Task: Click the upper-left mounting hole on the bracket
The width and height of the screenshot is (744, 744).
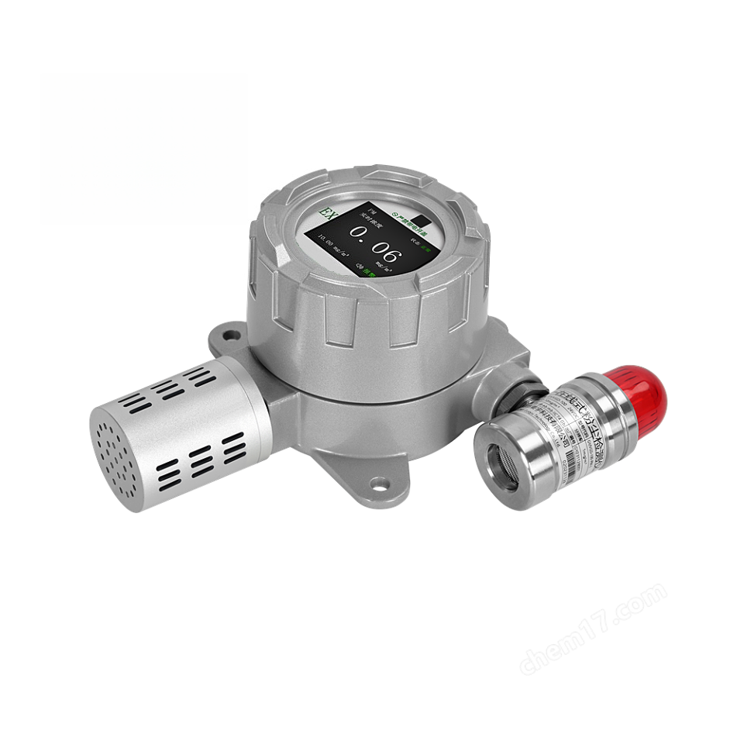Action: (x=229, y=336)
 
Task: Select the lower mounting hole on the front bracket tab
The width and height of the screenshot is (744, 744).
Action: (x=377, y=484)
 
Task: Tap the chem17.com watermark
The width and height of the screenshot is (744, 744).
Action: (x=593, y=627)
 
